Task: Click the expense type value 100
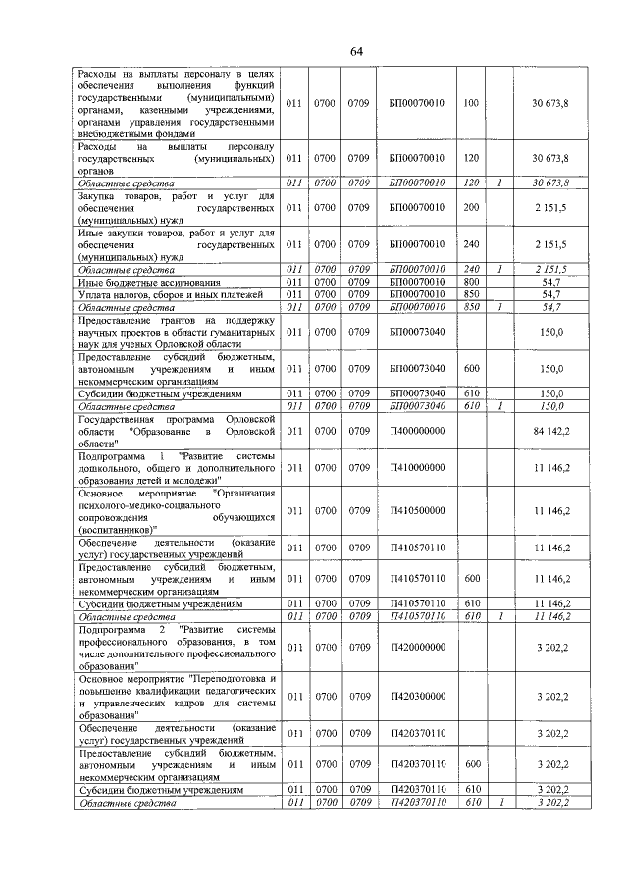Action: (470, 103)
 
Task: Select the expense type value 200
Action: (470, 208)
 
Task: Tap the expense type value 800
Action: (470, 282)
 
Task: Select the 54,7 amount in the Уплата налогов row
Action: (551, 293)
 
